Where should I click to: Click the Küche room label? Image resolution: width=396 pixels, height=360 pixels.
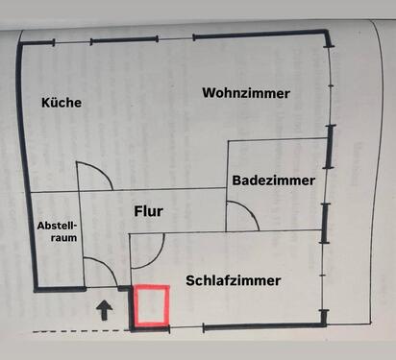62,102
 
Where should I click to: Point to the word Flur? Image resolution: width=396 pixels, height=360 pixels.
148,211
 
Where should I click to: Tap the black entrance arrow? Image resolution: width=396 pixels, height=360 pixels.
105,309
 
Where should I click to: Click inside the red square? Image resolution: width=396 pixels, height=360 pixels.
152,307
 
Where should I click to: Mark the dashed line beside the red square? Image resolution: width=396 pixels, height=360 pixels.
77,331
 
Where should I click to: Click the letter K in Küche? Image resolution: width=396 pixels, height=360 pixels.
46,102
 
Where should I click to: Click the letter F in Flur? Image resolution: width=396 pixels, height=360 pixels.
135,211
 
